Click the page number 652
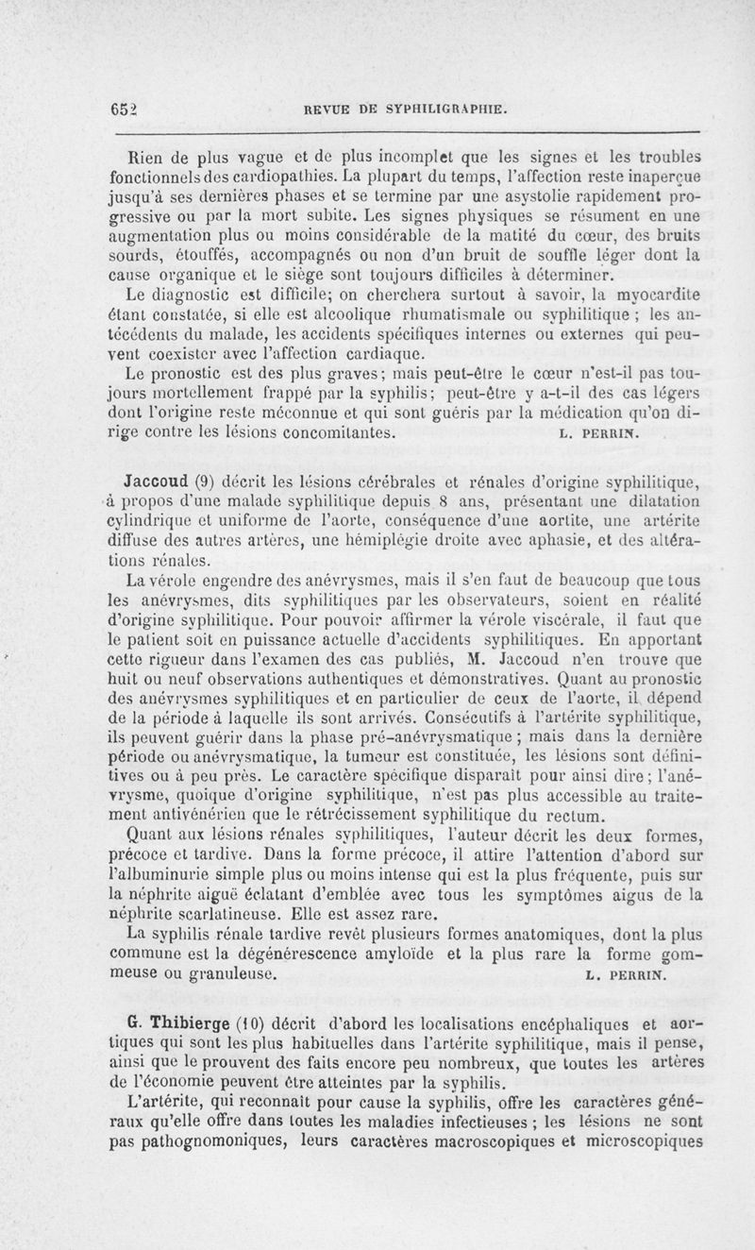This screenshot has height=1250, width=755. click(x=123, y=109)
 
